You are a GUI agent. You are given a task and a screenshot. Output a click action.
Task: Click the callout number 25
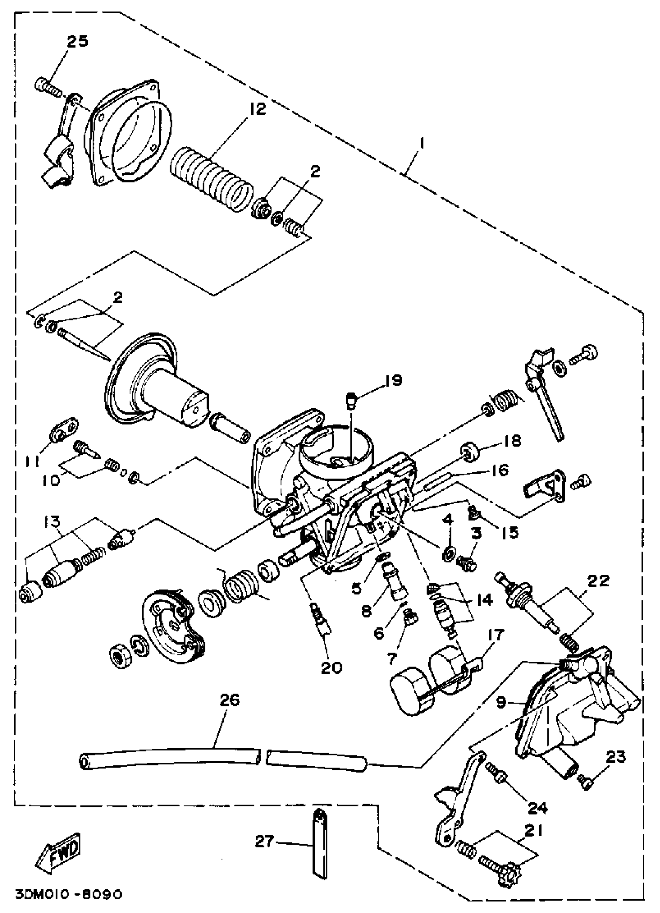(x=77, y=42)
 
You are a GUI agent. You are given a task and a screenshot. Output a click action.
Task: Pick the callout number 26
(x=230, y=700)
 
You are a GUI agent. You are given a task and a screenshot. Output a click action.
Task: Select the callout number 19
(x=393, y=380)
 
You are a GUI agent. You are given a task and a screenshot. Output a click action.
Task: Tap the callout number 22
(x=598, y=581)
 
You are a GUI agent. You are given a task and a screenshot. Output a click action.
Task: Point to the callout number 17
(x=495, y=635)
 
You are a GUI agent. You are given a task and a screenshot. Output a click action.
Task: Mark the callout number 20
(x=331, y=668)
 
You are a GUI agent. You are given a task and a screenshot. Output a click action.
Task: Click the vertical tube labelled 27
(x=319, y=845)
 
